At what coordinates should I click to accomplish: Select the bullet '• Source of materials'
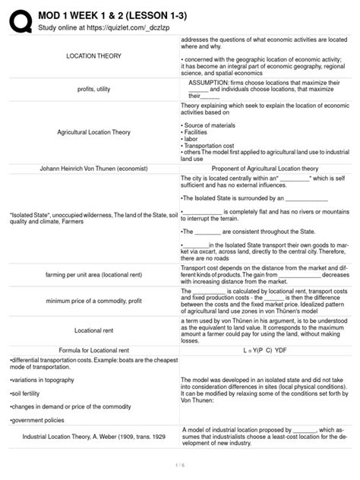(212, 123)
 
